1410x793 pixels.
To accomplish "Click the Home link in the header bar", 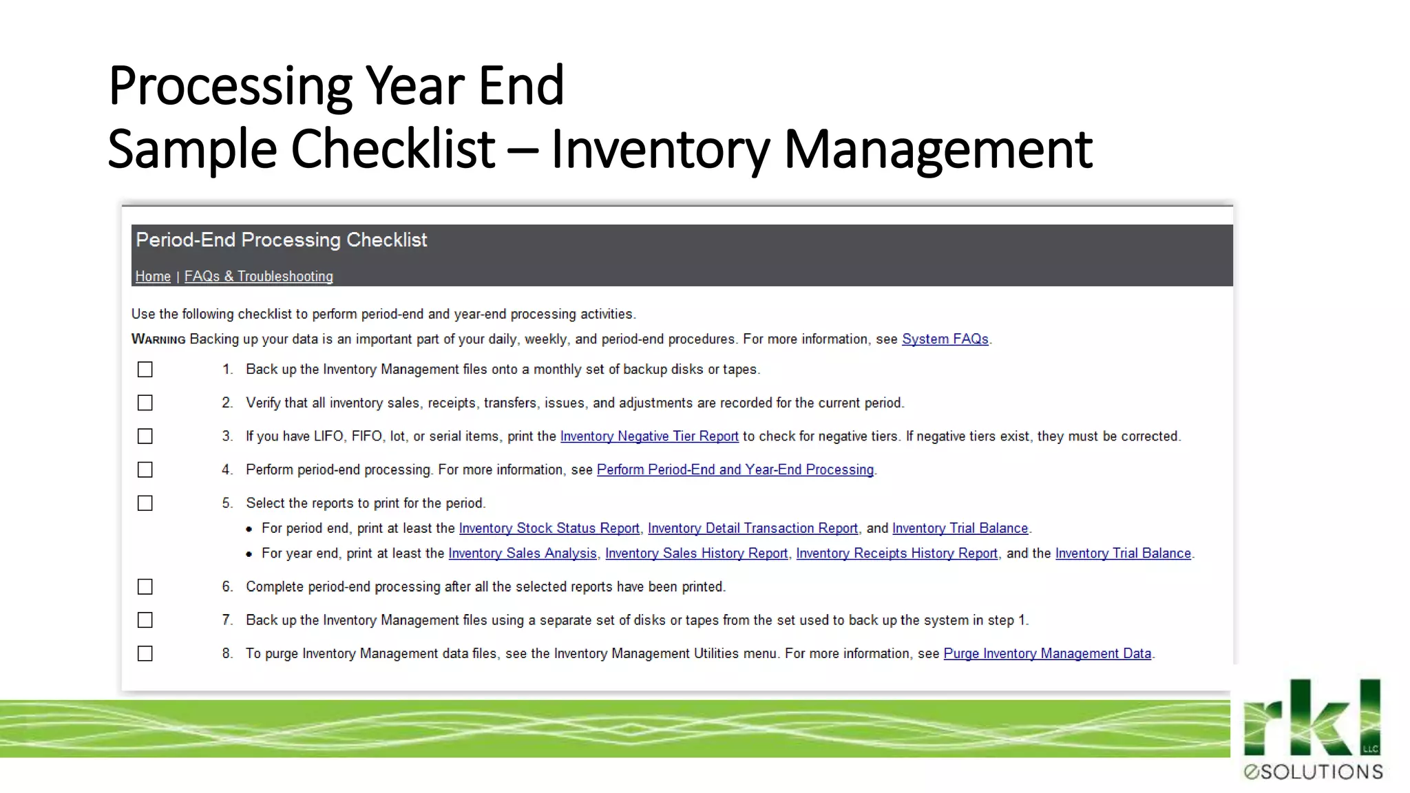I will (x=153, y=276).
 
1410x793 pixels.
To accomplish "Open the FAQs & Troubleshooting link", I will (x=258, y=276).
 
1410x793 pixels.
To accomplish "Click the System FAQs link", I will (x=945, y=339).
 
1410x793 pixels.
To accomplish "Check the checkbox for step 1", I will (x=145, y=370).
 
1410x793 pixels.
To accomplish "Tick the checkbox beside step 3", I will (x=145, y=436).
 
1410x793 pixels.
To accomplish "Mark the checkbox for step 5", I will (x=145, y=503).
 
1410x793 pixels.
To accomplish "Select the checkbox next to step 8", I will (x=145, y=653).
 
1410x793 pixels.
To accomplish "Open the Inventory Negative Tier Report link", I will (x=649, y=436).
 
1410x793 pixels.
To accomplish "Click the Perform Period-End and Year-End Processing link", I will (x=735, y=469).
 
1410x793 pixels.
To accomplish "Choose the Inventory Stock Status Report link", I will (x=549, y=528).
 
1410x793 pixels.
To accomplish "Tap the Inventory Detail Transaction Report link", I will (x=753, y=528).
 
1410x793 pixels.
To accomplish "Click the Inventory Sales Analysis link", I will (x=522, y=553).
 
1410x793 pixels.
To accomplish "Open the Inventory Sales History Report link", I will (x=696, y=553).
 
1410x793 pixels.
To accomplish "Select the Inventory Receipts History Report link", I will (x=896, y=553).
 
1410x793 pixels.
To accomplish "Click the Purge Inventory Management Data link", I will (x=1046, y=653).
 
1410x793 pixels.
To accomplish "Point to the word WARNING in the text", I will (x=158, y=339).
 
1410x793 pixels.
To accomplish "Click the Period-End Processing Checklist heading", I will (x=281, y=240).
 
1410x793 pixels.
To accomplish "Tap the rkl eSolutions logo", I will (x=1313, y=730).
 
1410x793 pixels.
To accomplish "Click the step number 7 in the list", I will (x=227, y=620).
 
